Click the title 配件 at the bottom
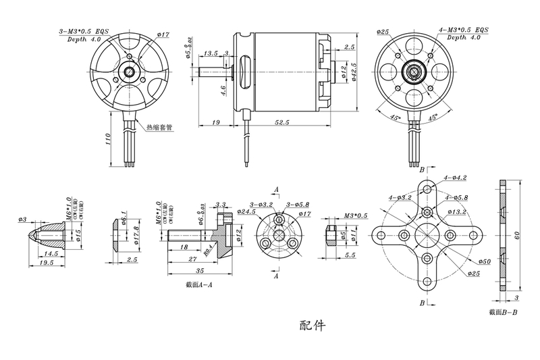click(x=312, y=326)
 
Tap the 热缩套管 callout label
click(x=159, y=126)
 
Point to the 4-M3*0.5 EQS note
click(x=463, y=31)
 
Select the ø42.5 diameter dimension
click(x=354, y=70)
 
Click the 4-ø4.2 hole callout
click(x=455, y=178)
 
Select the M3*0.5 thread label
click(x=354, y=215)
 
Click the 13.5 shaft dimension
click(x=211, y=52)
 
